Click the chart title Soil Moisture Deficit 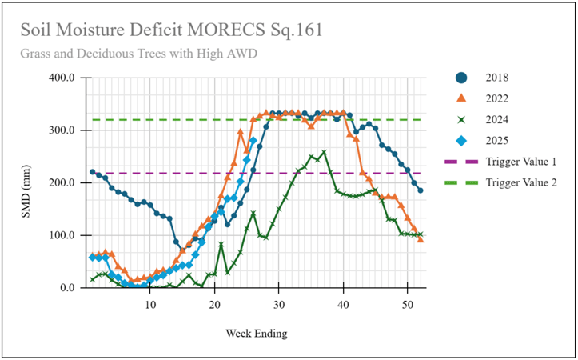[172, 30]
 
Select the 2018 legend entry [497, 78]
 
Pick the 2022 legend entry [497, 98]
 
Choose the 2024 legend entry [497, 120]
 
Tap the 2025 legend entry [497, 141]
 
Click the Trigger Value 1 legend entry [520, 162]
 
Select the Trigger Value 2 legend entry [520, 182]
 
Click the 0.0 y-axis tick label [66, 288]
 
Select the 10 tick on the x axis [150, 304]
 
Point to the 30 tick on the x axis [278, 304]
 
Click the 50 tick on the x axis [407, 304]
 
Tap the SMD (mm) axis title [26, 182]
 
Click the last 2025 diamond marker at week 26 [253, 141]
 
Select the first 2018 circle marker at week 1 [93, 172]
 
